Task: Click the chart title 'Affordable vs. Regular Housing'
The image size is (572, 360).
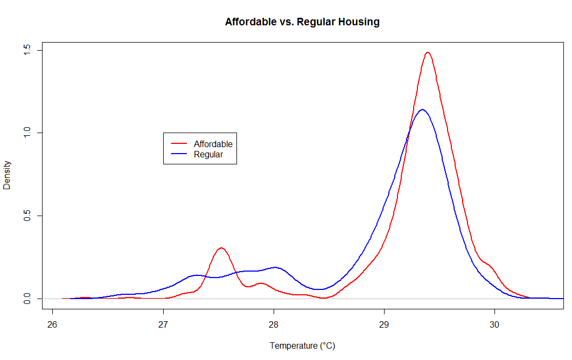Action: click(302, 22)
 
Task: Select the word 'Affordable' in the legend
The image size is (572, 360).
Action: click(213, 144)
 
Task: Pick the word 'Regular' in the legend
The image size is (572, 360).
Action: click(208, 154)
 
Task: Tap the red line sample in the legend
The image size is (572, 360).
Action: click(179, 144)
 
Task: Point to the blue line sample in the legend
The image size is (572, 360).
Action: click(179, 154)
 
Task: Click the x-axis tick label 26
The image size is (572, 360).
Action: click(52, 325)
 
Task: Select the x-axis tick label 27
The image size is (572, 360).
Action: click(163, 325)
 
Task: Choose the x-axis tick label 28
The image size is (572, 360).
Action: click(274, 325)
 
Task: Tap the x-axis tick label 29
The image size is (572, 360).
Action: click(384, 325)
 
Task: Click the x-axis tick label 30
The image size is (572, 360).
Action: click(494, 325)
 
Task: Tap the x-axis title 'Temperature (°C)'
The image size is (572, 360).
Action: click(302, 346)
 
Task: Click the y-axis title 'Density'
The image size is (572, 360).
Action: click(7, 175)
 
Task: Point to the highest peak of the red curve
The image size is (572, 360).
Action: click(428, 52)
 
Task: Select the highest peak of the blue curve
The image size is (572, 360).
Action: click(422, 109)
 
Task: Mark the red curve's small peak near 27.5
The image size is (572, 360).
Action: click(221, 248)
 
